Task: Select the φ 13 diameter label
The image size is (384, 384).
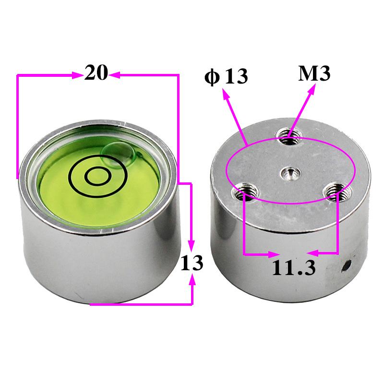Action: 226,77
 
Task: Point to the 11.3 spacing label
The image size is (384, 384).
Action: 293,267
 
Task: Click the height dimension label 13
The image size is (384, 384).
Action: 192,263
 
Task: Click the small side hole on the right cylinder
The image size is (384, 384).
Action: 347,265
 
